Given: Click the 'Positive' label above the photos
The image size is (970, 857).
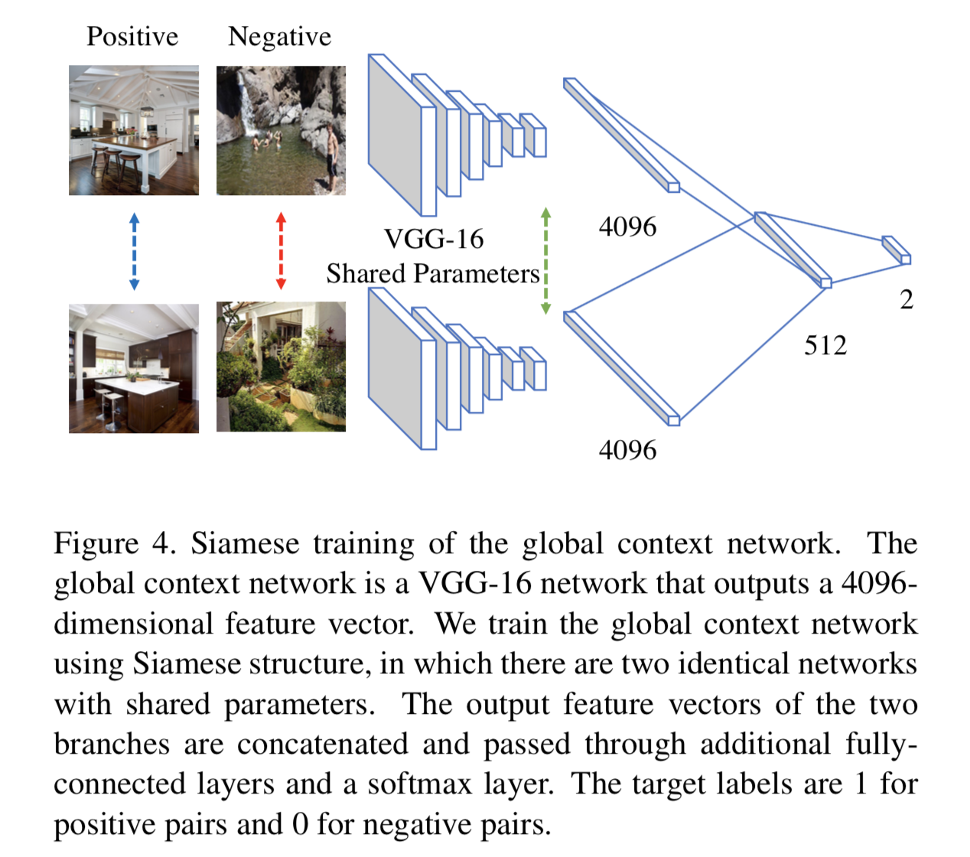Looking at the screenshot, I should [x=132, y=36].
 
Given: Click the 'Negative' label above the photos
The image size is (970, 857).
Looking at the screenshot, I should [x=280, y=36].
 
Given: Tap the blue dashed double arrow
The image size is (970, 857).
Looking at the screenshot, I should [x=134, y=252].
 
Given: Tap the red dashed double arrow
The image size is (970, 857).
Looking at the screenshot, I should [x=281, y=252].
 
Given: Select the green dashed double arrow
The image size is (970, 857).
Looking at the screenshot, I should [x=545, y=260].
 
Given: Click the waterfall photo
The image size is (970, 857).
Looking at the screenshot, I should [x=281, y=130].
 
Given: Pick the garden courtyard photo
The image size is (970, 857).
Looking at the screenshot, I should [x=281, y=367].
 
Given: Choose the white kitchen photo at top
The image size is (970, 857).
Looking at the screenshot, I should [x=134, y=130].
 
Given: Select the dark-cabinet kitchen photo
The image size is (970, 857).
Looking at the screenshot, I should [x=134, y=368].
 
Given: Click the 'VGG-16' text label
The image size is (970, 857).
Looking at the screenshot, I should [x=434, y=239].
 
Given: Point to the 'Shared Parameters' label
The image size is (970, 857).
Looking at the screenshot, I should [x=433, y=273].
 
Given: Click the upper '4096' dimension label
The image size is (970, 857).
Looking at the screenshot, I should [x=627, y=226].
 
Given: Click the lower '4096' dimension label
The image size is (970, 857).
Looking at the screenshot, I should [x=627, y=449].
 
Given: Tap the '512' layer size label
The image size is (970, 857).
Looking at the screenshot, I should [x=825, y=345].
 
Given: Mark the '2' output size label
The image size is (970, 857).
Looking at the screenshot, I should [x=907, y=299].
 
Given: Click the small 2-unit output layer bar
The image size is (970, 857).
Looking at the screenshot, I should [x=896, y=249].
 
